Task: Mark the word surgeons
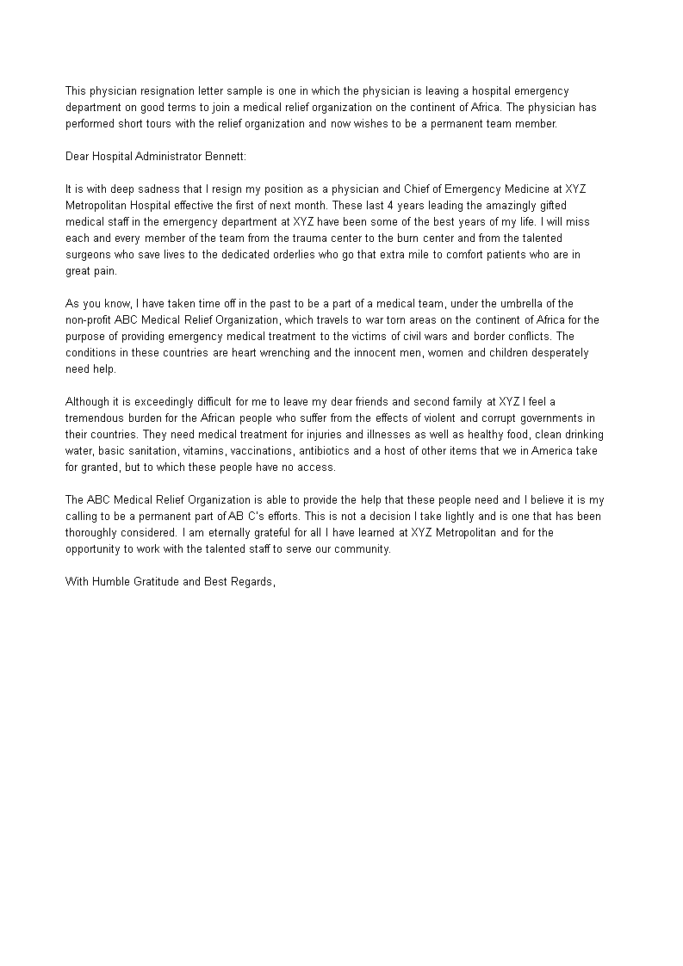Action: point(93,253)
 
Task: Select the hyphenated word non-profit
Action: point(89,319)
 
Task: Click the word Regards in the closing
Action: point(251,582)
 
